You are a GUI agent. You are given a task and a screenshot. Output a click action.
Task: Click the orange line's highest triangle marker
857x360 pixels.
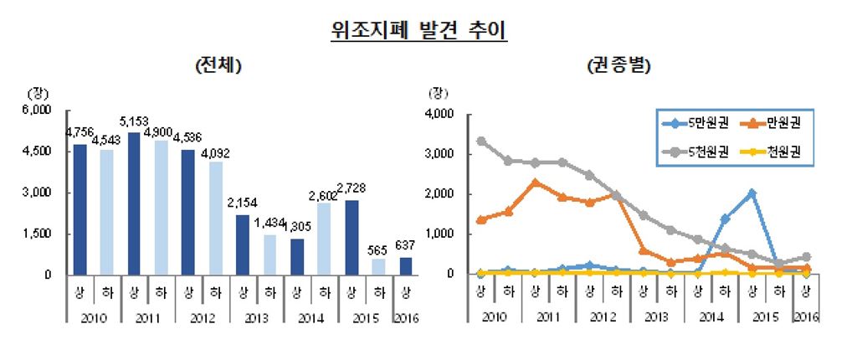click(535, 182)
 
